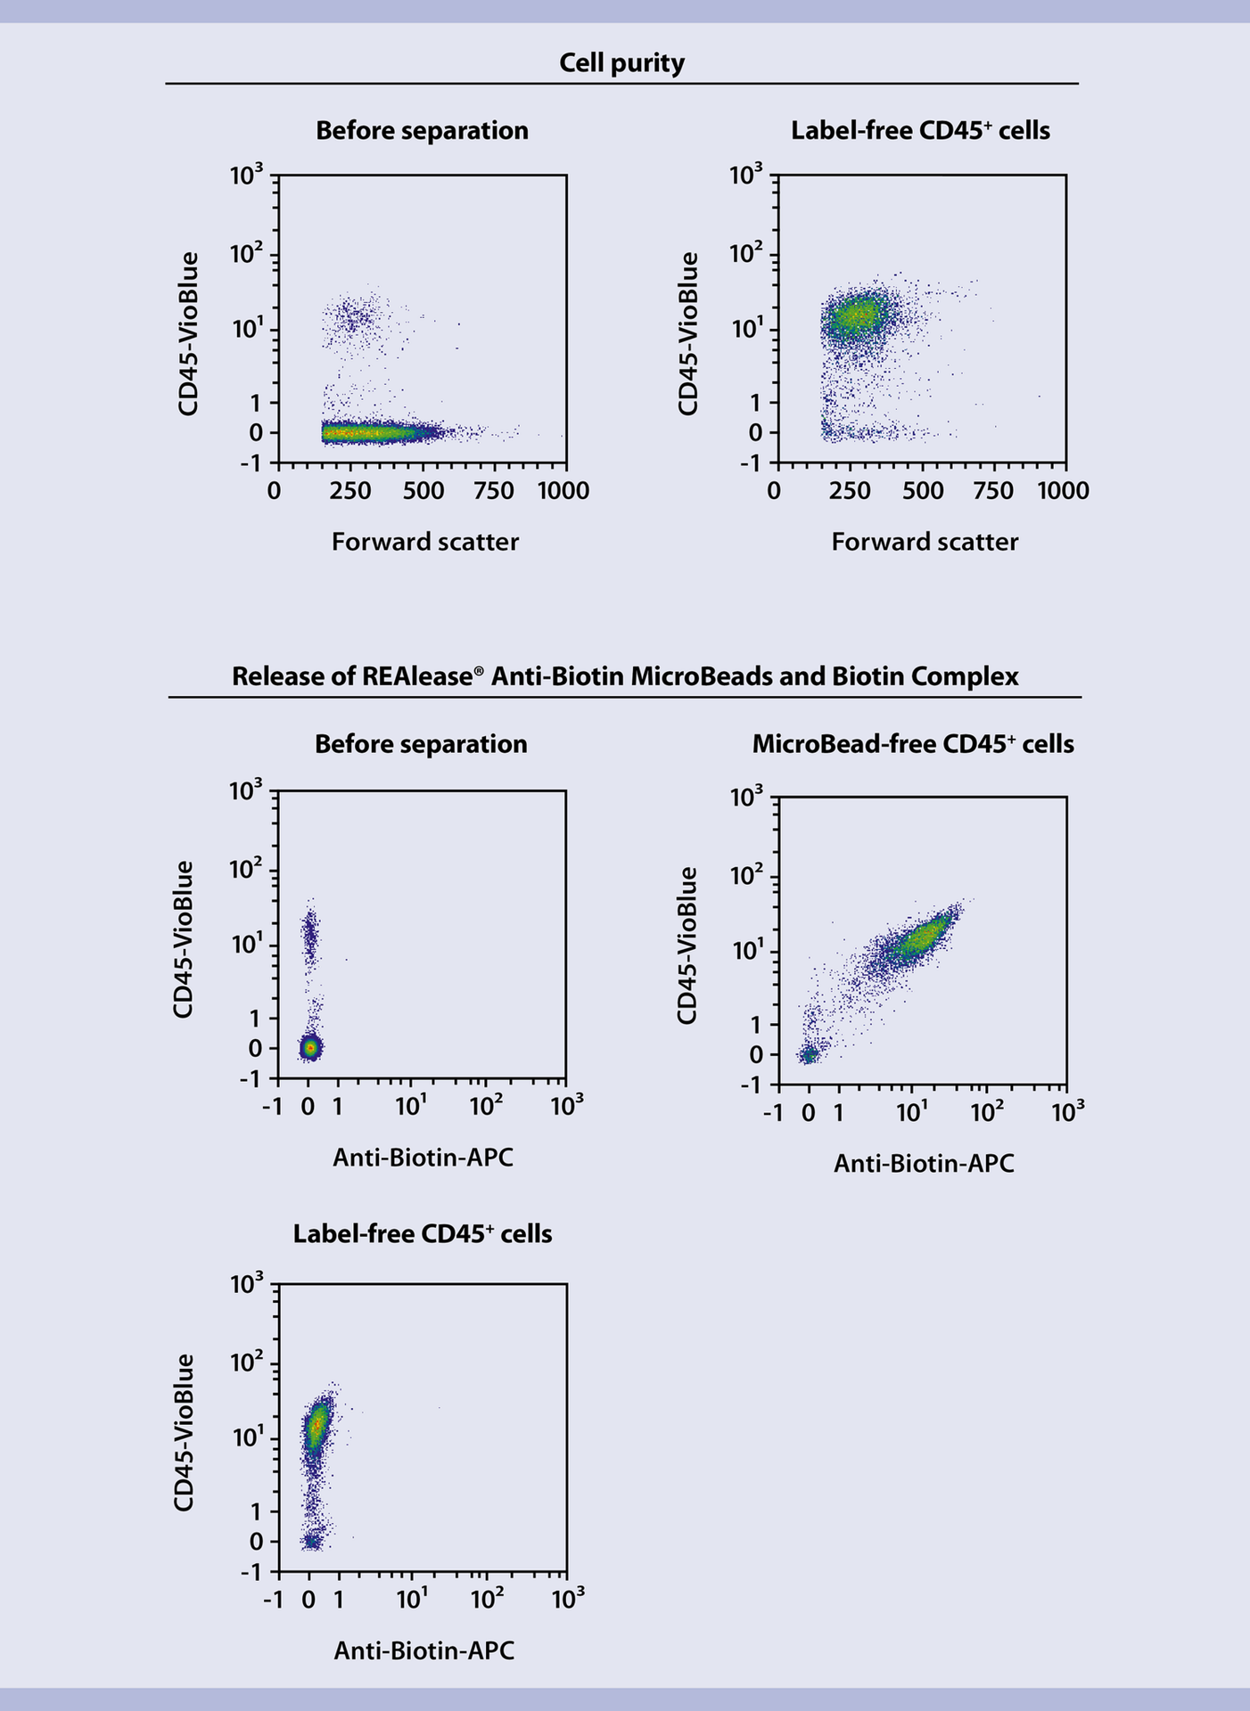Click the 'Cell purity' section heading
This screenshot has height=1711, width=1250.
[x=621, y=63]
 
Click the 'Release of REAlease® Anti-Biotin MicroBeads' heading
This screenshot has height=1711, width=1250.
[x=624, y=676]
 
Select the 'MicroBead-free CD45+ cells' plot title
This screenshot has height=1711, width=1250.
[x=913, y=744]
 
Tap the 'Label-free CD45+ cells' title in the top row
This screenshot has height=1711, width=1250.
[x=920, y=131]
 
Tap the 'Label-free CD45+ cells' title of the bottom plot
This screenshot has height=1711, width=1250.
[x=423, y=1234]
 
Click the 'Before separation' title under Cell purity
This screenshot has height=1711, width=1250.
[x=422, y=131]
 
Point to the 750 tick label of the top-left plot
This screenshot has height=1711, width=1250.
[x=493, y=491]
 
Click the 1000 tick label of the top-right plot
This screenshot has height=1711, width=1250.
[x=1063, y=491]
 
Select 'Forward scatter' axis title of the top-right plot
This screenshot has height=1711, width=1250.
[x=925, y=542]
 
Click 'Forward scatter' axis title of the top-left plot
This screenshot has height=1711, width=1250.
[x=425, y=542]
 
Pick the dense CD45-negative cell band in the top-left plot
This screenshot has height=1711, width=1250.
[x=366, y=433]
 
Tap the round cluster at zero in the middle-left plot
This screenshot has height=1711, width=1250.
[x=309, y=1048]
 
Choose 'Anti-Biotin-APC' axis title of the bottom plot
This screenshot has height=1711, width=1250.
[x=424, y=1651]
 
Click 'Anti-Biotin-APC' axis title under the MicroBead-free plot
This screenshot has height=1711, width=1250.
[x=924, y=1164]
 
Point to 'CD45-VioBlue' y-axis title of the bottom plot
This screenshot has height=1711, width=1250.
[x=184, y=1432]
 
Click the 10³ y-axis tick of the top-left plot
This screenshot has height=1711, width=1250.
[x=246, y=176]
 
